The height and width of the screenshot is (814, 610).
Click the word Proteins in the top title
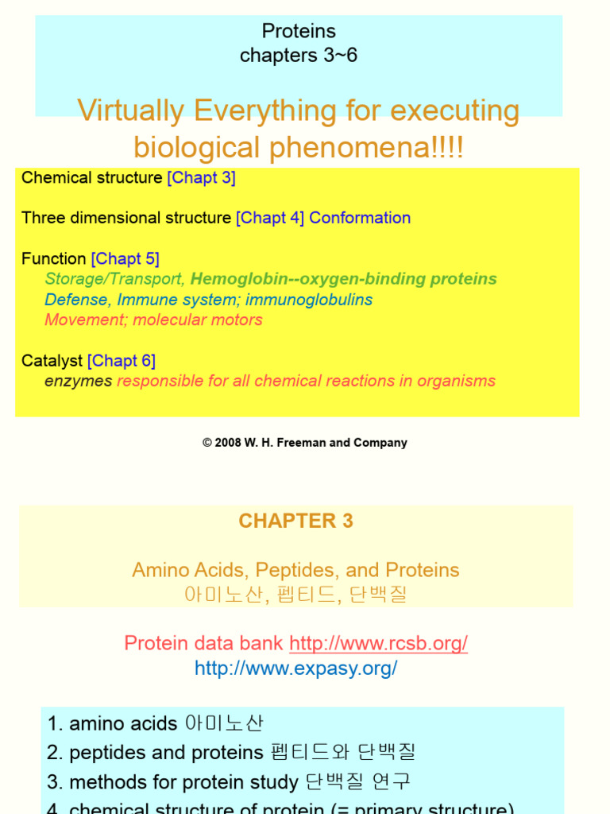(x=299, y=32)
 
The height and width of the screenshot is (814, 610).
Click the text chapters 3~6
(x=299, y=56)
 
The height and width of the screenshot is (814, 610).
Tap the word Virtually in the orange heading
(x=128, y=110)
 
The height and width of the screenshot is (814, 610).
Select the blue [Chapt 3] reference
(x=201, y=178)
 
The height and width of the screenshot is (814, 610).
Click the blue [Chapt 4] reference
(x=270, y=218)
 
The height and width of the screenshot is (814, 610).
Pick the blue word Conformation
(x=360, y=218)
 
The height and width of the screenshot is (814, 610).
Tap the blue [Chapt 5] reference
(x=125, y=258)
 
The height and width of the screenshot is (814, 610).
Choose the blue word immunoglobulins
(x=309, y=300)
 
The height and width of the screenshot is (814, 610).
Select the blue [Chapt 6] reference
(x=122, y=361)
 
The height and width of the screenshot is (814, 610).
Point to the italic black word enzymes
(x=79, y=381)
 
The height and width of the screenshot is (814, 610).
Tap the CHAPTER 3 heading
(x=295, y=521)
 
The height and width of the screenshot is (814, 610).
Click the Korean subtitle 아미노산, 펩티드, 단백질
(x=295, y=595)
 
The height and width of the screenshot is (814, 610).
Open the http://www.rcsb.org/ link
(x=378, y=643)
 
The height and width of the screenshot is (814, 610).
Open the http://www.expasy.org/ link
(x=295, y=669)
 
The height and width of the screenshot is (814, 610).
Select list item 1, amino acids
(x=155, y=723)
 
